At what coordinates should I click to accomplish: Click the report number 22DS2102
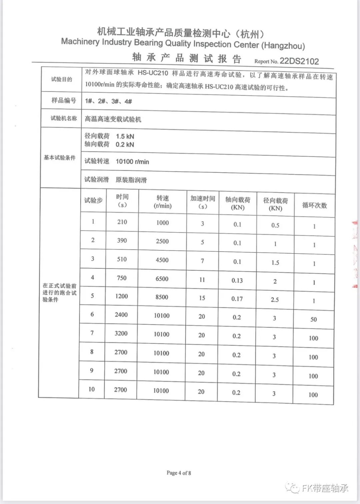[x=299, y=61]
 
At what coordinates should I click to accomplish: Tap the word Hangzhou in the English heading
[x=284, y=45]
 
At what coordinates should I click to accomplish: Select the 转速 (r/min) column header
[x=163, y=202]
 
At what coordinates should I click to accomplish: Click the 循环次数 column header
[x=314, y=205]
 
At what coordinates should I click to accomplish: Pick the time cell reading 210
[x=122, y=222]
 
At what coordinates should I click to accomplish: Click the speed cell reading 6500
[x=162, y=279]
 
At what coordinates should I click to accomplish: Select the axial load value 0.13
[x=237, y=280]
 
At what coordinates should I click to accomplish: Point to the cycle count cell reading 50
[x=313, y=319]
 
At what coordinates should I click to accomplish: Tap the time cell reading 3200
[x=121, y=333]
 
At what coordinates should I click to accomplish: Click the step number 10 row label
[x=92, y=389]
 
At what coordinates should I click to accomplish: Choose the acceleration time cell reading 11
[x=202, y=280]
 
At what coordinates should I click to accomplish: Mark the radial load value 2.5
[x=275, y=300]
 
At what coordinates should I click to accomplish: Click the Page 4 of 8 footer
[x=179, y=473]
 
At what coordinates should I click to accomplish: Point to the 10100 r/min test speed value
[x=132, y=162]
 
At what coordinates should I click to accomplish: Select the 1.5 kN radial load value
[x=125, y=136]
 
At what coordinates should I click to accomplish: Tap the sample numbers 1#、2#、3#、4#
[x=108, y=101]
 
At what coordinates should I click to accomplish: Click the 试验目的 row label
[x=61, y=79]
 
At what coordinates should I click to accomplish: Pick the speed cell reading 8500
[x=162, y=297]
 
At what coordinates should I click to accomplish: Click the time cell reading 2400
[x=121, y=315]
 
